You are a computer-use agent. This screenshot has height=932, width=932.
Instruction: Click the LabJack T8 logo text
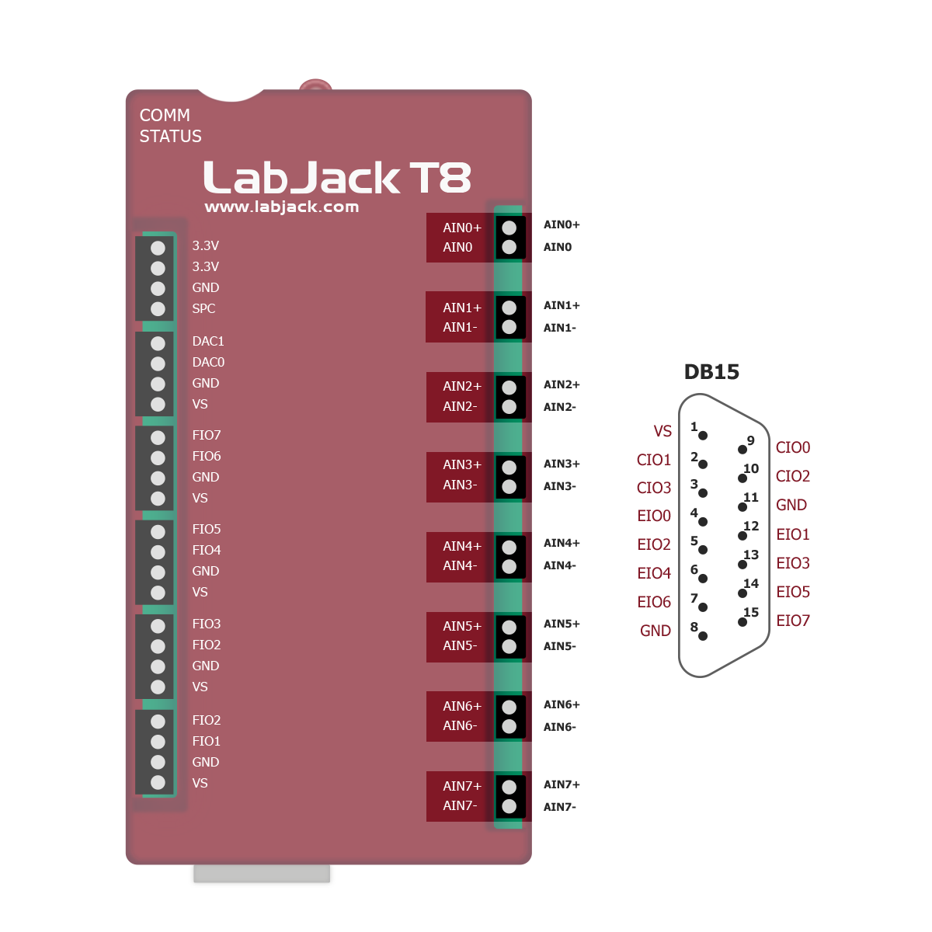click(x=337, y=178)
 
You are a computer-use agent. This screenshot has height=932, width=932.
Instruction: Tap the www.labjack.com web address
click(x=281, y=207)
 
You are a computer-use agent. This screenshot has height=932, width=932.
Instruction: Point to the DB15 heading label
click(x=711, y=372)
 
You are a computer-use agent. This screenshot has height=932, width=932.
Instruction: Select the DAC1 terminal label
click(x=208, y=342)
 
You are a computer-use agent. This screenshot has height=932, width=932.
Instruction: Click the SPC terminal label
click(x=203, y=309)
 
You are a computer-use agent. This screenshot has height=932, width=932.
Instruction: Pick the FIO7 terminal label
click(x=207, y=436)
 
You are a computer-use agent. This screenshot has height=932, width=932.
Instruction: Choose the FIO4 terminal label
click(x=207, y=551)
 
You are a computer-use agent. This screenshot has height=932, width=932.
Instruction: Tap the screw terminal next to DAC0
click(x=158, y=363)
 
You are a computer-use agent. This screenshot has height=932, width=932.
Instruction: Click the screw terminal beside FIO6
click(x=158, y=458)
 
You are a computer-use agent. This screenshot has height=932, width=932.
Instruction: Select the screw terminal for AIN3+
click(x=509, y=468)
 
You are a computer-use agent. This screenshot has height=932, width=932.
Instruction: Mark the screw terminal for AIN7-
click(x=509, y=807)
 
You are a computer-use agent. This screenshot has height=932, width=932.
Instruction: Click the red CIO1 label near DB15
click(x=653, y=460)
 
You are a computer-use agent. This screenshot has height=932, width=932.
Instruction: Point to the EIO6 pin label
click(x=654, y=602)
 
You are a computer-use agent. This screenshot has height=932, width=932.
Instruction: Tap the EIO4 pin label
click(x=654, y=573)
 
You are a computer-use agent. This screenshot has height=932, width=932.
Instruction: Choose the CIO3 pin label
click(x=653, y=488)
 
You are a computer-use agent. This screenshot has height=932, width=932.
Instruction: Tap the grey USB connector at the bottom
click(x=262, y=877)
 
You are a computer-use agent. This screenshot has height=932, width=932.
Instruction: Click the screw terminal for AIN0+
click(x=509, y=228)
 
